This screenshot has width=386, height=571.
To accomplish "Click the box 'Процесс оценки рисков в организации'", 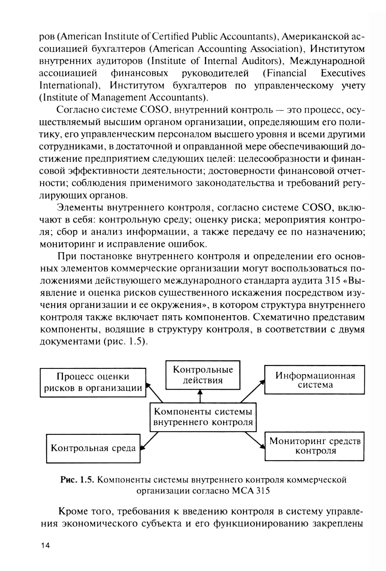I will point(93,382).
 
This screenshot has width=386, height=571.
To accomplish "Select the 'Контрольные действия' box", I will point(203,375).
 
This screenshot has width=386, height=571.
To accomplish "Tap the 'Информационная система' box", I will point(315,380).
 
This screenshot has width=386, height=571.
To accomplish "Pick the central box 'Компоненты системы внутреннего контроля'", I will point(203,417).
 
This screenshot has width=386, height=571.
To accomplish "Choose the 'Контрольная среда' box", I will point(93,448).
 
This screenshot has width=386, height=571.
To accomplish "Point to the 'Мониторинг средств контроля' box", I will point(315,446).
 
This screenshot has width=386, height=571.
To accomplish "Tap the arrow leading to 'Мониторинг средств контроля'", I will point(255,439).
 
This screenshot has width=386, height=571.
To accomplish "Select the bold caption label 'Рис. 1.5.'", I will point(77,480).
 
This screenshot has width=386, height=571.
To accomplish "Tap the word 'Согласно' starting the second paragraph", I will point(75,110).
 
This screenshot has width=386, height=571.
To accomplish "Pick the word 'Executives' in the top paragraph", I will point(343,73).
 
